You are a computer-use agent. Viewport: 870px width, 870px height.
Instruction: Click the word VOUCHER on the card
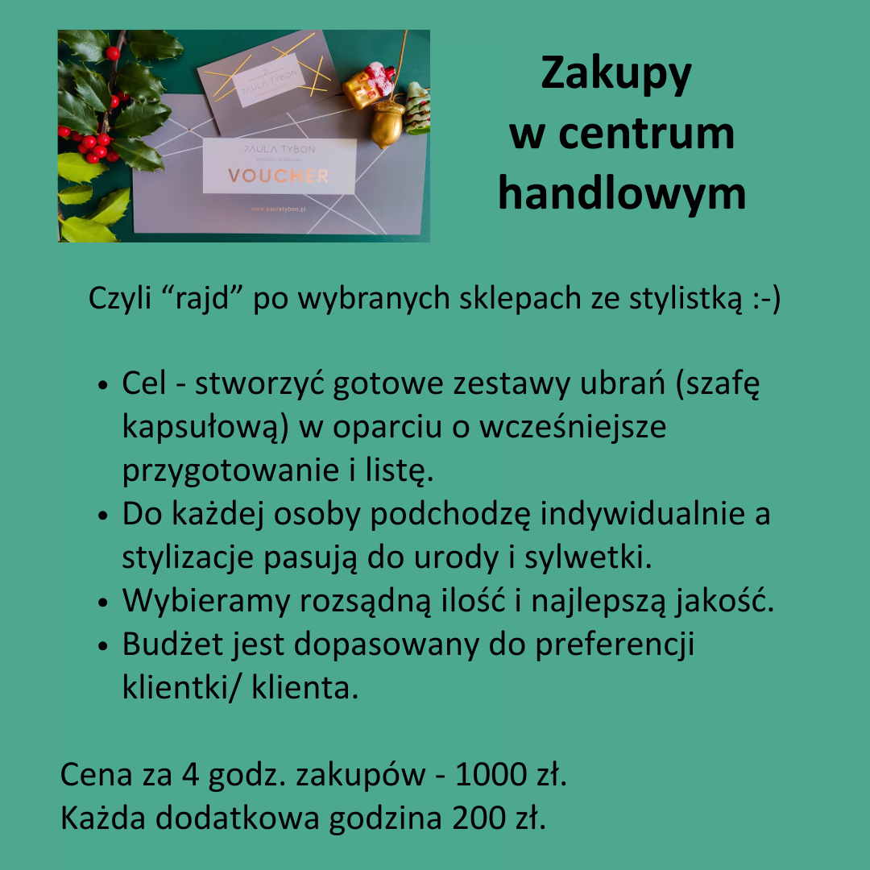[278, 176]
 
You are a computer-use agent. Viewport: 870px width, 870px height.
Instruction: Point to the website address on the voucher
[280, 208]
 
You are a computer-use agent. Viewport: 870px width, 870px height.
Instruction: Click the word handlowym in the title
[621, 194]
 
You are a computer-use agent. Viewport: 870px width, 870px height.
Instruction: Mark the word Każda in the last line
[102, 818]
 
